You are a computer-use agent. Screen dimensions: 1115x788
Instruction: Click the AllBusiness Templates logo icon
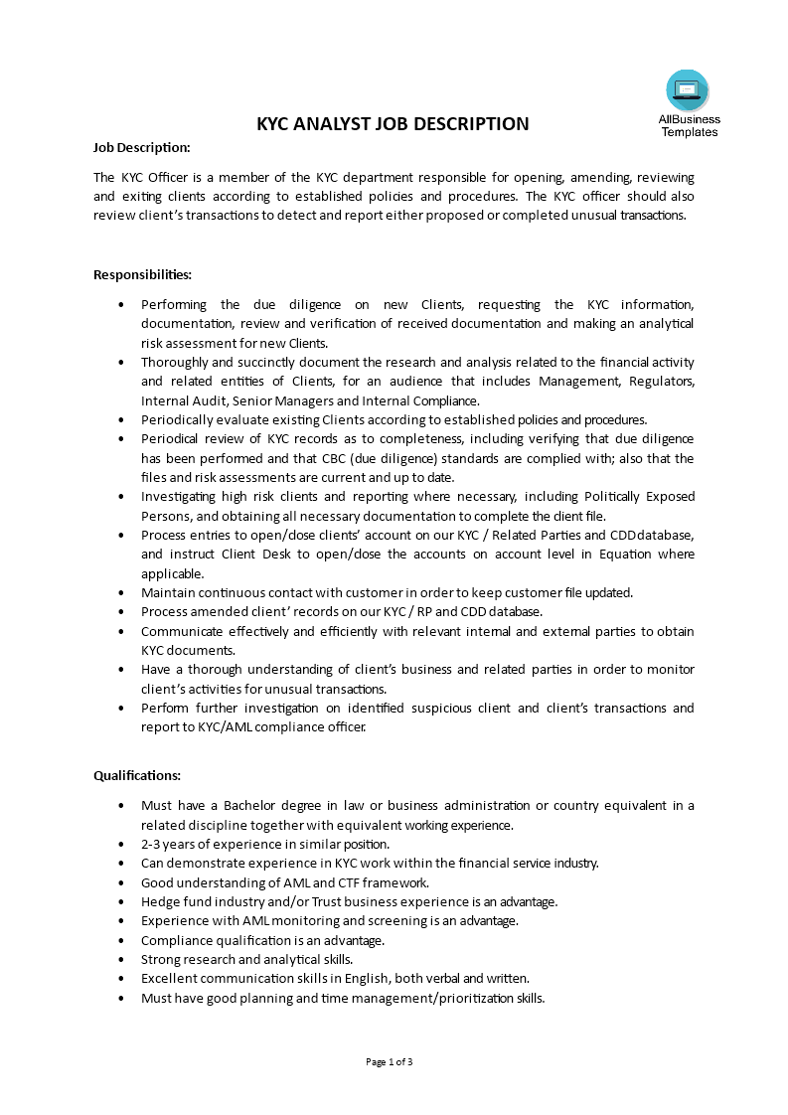(688, 90)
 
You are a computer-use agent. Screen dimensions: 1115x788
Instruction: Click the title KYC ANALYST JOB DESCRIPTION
(393, 124)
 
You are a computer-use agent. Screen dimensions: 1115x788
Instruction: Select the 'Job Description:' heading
(141, 147)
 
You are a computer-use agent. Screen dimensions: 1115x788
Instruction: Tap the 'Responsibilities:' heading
(142, 274)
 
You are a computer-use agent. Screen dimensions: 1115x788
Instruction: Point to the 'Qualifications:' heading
(137, 775)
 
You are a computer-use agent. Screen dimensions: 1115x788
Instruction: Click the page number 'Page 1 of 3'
(390, 1061)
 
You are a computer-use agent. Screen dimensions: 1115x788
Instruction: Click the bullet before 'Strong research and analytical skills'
(121, 959)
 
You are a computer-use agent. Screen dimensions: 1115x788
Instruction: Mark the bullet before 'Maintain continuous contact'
(121, 592)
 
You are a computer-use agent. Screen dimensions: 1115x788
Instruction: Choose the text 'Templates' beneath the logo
(689, 132)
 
